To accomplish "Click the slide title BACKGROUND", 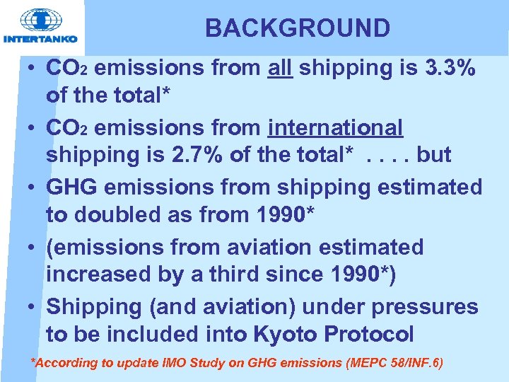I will point(297,28).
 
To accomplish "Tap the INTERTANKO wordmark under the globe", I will point(40,39).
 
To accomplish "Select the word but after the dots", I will point(433,155).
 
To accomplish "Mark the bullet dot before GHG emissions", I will point(34,188).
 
